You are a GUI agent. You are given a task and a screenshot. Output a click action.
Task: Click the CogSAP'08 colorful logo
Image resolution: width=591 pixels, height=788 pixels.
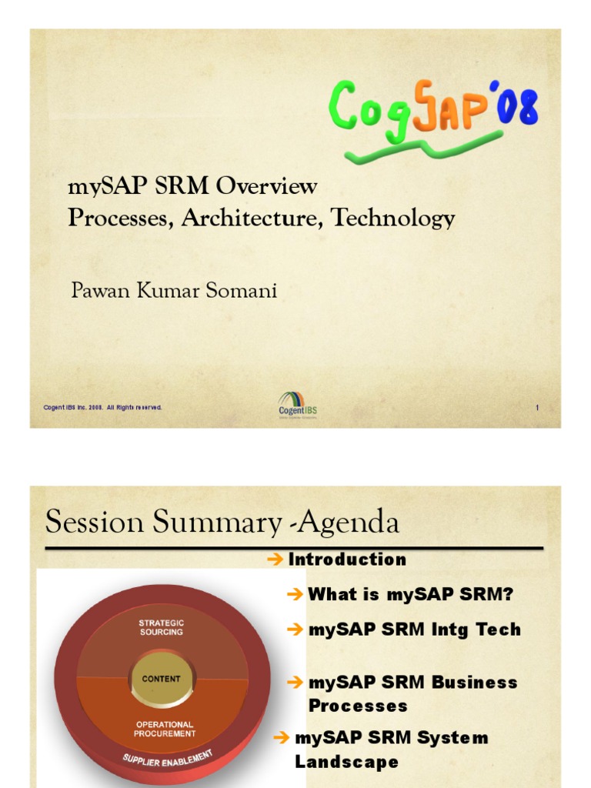[x=433, y=109]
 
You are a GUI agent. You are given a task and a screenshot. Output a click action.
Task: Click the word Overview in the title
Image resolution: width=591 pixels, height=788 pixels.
[x=266, y=186]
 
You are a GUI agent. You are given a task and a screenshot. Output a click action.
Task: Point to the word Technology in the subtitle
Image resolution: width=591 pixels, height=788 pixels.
[x=392, y=219]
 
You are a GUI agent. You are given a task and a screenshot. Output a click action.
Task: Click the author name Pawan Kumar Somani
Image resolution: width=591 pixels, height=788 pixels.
[x=174, y=290]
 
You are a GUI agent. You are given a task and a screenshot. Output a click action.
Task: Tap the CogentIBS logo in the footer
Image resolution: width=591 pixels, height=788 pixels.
[x=297, y=405]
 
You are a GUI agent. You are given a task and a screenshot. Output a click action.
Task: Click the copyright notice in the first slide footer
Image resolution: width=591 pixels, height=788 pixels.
[x=102, y=407]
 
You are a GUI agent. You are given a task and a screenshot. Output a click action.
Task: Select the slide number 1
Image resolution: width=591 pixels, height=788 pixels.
[x=537, y=408]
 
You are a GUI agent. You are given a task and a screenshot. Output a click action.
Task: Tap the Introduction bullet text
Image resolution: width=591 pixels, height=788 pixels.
[x=347, y=559]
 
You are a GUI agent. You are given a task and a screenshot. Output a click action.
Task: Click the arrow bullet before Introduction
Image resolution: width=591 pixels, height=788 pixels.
[x=275, y=559]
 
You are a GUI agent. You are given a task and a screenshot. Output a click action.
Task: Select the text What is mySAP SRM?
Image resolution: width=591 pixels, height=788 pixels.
[x=410, y=594]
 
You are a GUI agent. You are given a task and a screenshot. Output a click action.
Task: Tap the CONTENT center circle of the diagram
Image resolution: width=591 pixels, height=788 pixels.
[x=162, y=679]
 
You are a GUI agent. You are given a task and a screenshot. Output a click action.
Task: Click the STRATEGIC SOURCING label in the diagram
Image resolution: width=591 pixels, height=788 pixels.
[x=162, y=627]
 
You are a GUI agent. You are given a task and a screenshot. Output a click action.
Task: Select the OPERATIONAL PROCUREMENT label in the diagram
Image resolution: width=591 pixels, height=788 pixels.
[x=164, y=729]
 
